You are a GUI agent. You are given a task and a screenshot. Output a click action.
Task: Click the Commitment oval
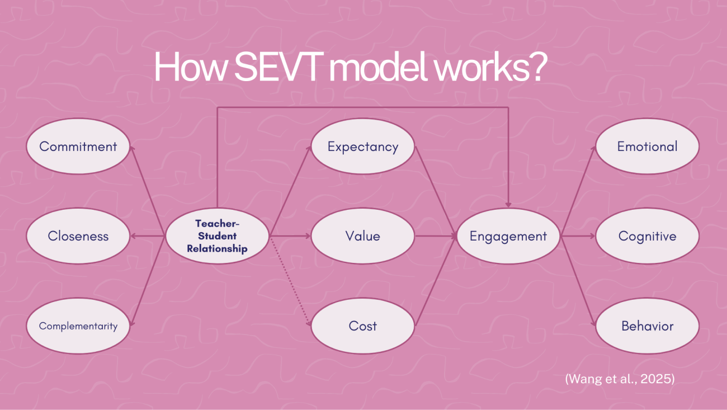point(78,146)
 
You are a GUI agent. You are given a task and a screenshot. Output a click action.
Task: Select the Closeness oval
point(78,236)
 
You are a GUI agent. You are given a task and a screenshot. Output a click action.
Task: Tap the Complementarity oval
point(78,326)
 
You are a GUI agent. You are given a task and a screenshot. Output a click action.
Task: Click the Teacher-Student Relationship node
point(217,236)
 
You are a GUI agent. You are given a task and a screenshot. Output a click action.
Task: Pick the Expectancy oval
point(363,146)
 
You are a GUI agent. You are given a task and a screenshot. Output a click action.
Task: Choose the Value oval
point(363,236)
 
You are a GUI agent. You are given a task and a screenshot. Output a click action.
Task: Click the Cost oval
point(363,326)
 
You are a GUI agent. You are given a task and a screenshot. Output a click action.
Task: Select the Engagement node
point(508,236)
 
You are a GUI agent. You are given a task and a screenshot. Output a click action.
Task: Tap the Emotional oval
point(648,146)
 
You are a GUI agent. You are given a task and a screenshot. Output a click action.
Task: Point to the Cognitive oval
point(648,236)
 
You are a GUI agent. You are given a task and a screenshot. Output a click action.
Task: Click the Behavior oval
point(648,326)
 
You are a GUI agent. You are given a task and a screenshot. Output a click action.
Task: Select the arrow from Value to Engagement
point(436,236)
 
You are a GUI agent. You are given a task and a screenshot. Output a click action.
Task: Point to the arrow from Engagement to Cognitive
point(578,236)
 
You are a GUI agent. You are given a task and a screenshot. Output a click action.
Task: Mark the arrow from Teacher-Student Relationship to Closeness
point(147,236)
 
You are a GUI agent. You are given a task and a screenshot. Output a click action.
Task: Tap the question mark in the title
point(537,67)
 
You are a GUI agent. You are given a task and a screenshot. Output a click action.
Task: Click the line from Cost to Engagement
point(436,281)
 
